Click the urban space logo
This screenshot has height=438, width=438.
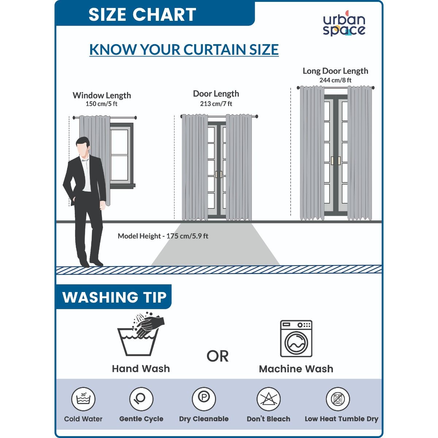pos(344,23)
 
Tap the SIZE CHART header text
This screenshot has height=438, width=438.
pos(142,15)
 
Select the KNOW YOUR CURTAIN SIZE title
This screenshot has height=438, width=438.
pos(184,49)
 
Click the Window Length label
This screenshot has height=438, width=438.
pos(101,95)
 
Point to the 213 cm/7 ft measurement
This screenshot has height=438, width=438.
pos(216,104)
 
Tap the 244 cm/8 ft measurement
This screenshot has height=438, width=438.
pos(335,80)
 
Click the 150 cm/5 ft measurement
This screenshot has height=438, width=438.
pos(101,104)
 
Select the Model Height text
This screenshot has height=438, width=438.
pos(163,236)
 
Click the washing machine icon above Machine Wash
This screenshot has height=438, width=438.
pos(296,338)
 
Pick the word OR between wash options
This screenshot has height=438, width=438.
pos(218,356)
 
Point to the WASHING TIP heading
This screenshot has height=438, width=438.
pos(114,297)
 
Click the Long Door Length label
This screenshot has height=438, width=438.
pos(335,71)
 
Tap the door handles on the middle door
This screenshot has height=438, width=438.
pos(218,174)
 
